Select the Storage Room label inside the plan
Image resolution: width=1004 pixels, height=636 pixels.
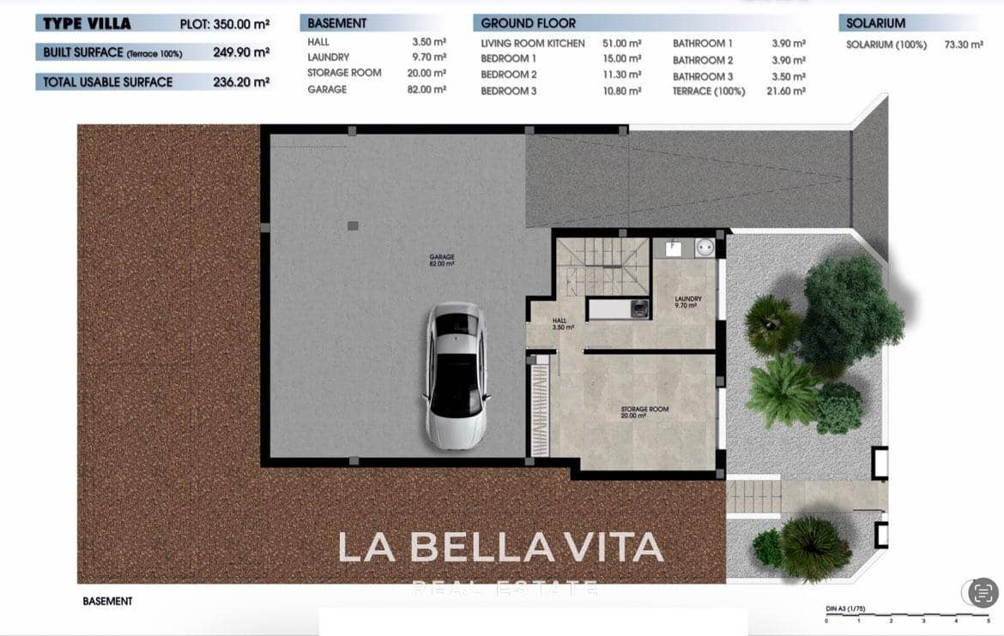[644, 412]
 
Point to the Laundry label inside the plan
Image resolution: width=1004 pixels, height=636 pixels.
[688, 302]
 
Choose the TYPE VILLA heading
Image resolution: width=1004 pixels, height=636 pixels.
[87, 23]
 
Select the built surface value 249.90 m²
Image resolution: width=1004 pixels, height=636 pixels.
[241, 52]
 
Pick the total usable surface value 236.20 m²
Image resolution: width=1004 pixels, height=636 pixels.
[241, 82]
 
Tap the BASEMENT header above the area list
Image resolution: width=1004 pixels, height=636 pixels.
[337, 23]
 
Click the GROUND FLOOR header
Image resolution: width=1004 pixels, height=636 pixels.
[529, 23]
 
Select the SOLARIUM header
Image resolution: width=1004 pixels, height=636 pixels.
[875, 23]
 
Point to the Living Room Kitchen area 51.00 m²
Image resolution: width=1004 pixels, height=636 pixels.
[622, 44]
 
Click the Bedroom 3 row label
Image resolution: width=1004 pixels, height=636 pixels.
[509, 91]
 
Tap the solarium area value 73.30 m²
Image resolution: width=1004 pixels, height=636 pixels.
[964, 45]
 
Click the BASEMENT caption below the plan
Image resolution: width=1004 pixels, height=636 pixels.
[107, 602]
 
